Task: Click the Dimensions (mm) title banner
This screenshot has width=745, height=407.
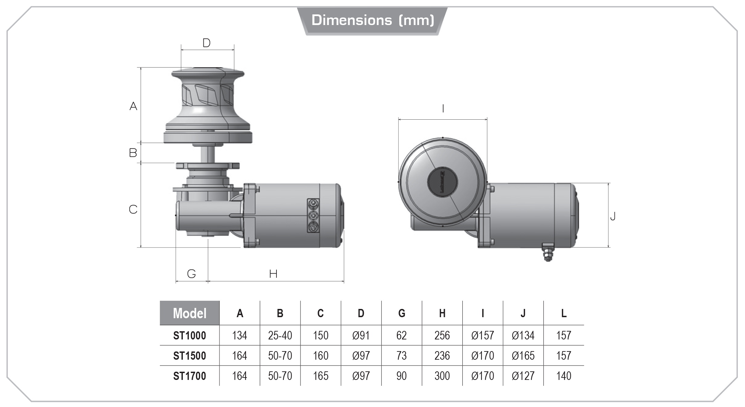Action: point(372,21)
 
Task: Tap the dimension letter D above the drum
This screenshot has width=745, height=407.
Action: point(206,43)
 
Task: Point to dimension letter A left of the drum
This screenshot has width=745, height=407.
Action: point(133,106)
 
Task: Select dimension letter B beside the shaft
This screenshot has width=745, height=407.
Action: point(133,153)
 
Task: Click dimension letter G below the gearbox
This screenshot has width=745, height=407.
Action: point(191,274)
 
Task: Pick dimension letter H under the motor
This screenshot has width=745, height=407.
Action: point(273,274)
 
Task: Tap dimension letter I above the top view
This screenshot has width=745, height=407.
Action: point(443,109)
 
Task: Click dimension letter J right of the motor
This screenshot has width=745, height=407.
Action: point(613,216)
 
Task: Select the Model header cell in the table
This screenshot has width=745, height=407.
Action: point(190,313)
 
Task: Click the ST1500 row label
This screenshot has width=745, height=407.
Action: point(190,356)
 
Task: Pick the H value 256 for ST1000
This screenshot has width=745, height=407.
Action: point(442,335)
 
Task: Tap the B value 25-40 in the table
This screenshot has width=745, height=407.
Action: point(280,335)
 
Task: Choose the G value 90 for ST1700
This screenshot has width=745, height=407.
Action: point(401,376)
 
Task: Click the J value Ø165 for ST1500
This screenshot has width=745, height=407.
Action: point(523,356)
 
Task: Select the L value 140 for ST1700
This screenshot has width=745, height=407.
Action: point(563,376)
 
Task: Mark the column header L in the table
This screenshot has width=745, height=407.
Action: point(564,313)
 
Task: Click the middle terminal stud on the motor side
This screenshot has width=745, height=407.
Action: point(313,216)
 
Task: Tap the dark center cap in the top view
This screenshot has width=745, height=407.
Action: point(442,182)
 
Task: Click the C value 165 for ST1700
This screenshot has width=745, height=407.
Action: point(320,376)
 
